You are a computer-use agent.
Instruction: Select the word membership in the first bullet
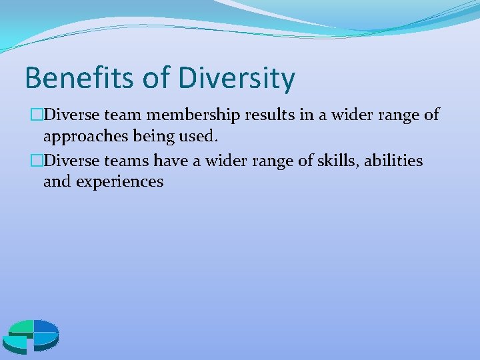click(195, 115)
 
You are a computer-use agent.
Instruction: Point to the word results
click(271, 115)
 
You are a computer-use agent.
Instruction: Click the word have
click(172, 161)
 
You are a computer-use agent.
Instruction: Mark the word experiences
click(119, 182)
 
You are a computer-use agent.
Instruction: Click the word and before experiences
click(57, 181)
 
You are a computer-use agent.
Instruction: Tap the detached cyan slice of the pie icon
click(15, 343)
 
